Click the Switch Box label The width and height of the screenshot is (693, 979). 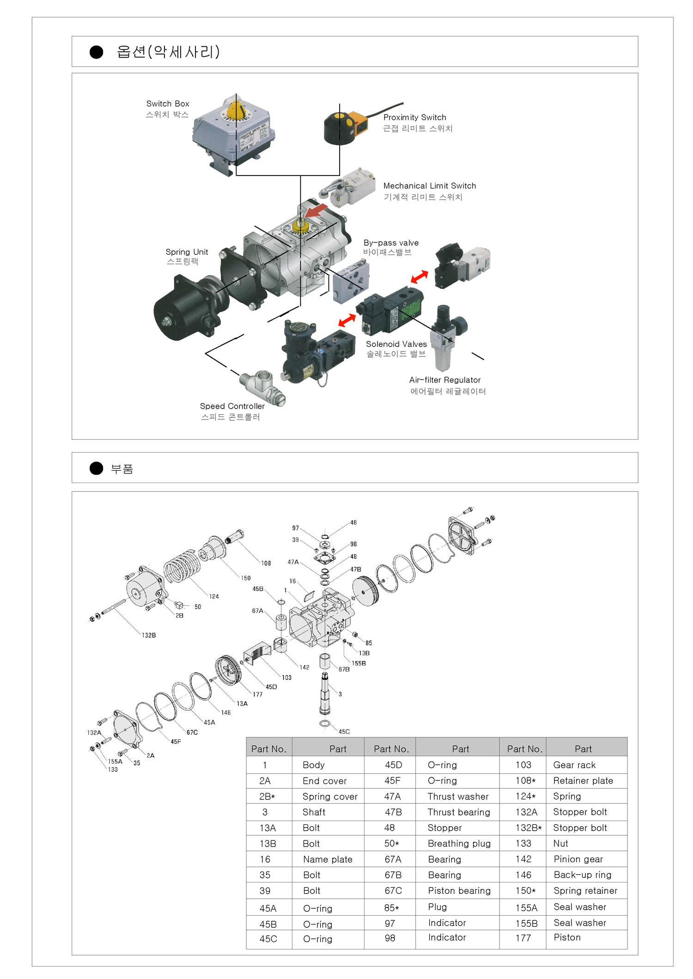pos(167,104)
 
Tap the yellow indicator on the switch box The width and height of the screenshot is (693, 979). pos(236,110)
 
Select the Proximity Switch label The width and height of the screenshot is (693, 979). pos(414,117)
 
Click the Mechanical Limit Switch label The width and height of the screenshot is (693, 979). pos(429,186)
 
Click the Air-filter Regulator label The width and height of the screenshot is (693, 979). pos(444,380)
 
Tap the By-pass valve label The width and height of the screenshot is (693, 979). pos(391,243)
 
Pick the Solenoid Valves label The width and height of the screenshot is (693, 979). pos(396,344)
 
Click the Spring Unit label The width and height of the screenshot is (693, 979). pos(187,252)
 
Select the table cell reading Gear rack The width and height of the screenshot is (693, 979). pos(574,765)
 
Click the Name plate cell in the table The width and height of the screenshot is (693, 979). pos(328,859)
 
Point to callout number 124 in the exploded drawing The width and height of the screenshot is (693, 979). pos(214,597)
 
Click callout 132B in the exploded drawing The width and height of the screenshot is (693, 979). pos(149,635)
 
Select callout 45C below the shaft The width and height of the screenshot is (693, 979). pos(344,731)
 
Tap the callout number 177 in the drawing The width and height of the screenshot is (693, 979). pos(257,695)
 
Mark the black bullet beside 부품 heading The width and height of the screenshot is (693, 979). pos(96,468)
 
